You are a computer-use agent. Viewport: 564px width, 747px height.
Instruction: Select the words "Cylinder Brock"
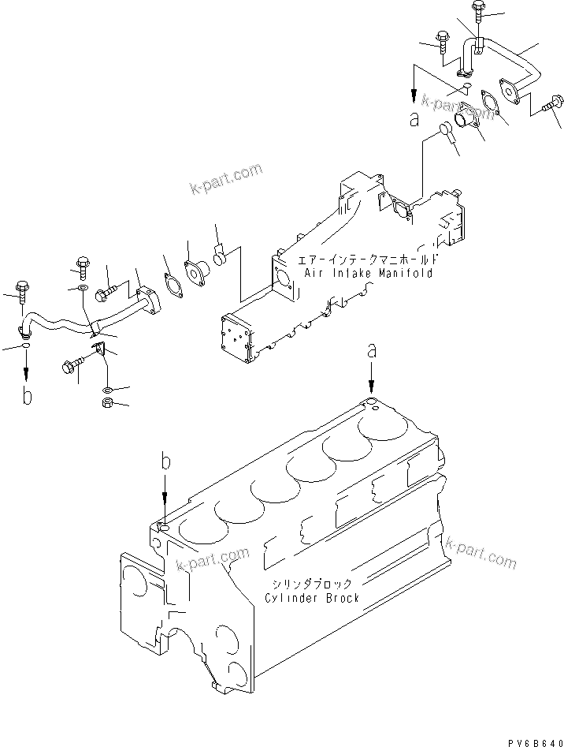click(x=312, y=598)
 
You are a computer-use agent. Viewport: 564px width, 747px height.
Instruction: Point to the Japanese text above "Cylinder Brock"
click(x=314, y=584)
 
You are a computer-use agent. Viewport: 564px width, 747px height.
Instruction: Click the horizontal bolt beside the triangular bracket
click(x=72, y=366)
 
